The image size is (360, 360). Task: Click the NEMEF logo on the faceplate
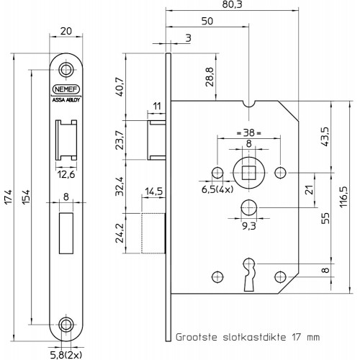pyautogui.click(x=66, y=89)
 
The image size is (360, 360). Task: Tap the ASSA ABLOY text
pyautogui.click(x=66, y=100)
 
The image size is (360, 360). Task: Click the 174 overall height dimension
pyautogui.click(x=9, y=197)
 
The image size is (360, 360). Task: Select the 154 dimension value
pyautogui.click(x=26, y=197)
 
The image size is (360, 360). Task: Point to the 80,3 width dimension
pyautogui.click(x=232, y=5)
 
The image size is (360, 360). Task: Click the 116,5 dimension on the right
pyautogui.click(x=343, y=197)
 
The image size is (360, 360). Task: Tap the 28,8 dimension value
pyautogui.click(x=210, y=77)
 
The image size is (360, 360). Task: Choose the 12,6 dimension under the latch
pyautogui.click(x=66, y=174)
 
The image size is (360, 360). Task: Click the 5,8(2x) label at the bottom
pyautogui.click(x=67, y=354)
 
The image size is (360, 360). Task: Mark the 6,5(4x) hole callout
pyautogui.click(x=217, y=189)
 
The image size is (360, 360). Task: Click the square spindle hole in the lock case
pyautogui.click(x=248, y=173)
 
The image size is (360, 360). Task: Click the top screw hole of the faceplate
pyautogui.click(x=66, y=70)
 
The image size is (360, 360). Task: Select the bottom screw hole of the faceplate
pyautogui.click(x=66, y=325)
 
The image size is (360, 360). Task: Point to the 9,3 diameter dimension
pyautogui.click(x=249, y=226)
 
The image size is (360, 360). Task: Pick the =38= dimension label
pyautogui.click(x=248, y=132)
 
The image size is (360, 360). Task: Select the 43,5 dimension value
pyautogui.click(x=325, y=137)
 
